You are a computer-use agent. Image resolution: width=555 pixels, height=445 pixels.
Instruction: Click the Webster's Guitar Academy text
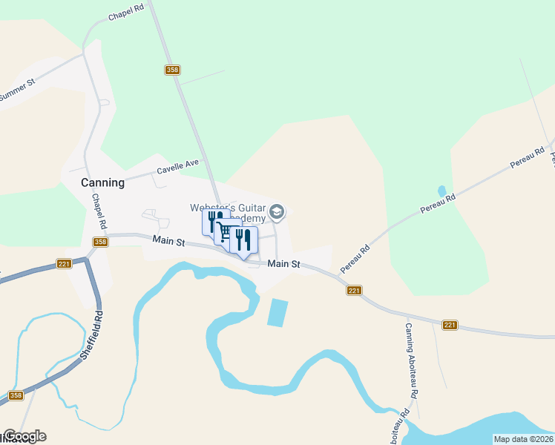coord(229,213)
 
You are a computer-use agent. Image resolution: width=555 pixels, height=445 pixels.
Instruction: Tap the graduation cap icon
coord(277,213)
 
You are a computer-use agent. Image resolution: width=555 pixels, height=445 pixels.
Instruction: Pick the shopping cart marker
coord(224,233)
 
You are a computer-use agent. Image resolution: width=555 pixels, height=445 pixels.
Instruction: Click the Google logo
coord(24,436)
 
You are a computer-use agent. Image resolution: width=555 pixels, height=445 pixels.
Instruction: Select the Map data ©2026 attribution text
coord(523,439)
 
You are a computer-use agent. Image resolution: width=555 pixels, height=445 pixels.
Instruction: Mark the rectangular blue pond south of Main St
coord(277,312)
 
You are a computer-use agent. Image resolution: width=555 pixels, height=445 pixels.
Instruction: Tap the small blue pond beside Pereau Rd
coord(442,191)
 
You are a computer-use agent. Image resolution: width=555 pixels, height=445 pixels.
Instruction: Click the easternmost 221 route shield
coord(450,325)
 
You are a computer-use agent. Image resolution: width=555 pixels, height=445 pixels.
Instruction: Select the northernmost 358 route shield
coord(172,70)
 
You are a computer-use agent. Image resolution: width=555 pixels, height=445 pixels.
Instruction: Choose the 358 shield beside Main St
coord(101,242)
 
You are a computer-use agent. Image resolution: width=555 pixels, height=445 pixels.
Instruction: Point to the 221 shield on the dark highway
coord(64,264)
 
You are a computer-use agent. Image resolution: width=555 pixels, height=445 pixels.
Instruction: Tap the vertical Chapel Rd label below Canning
coord(99,212)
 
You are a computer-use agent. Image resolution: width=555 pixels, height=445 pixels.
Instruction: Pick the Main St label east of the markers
coord(283,263)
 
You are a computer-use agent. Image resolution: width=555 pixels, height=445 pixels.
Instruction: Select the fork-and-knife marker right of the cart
coord(243,240)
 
